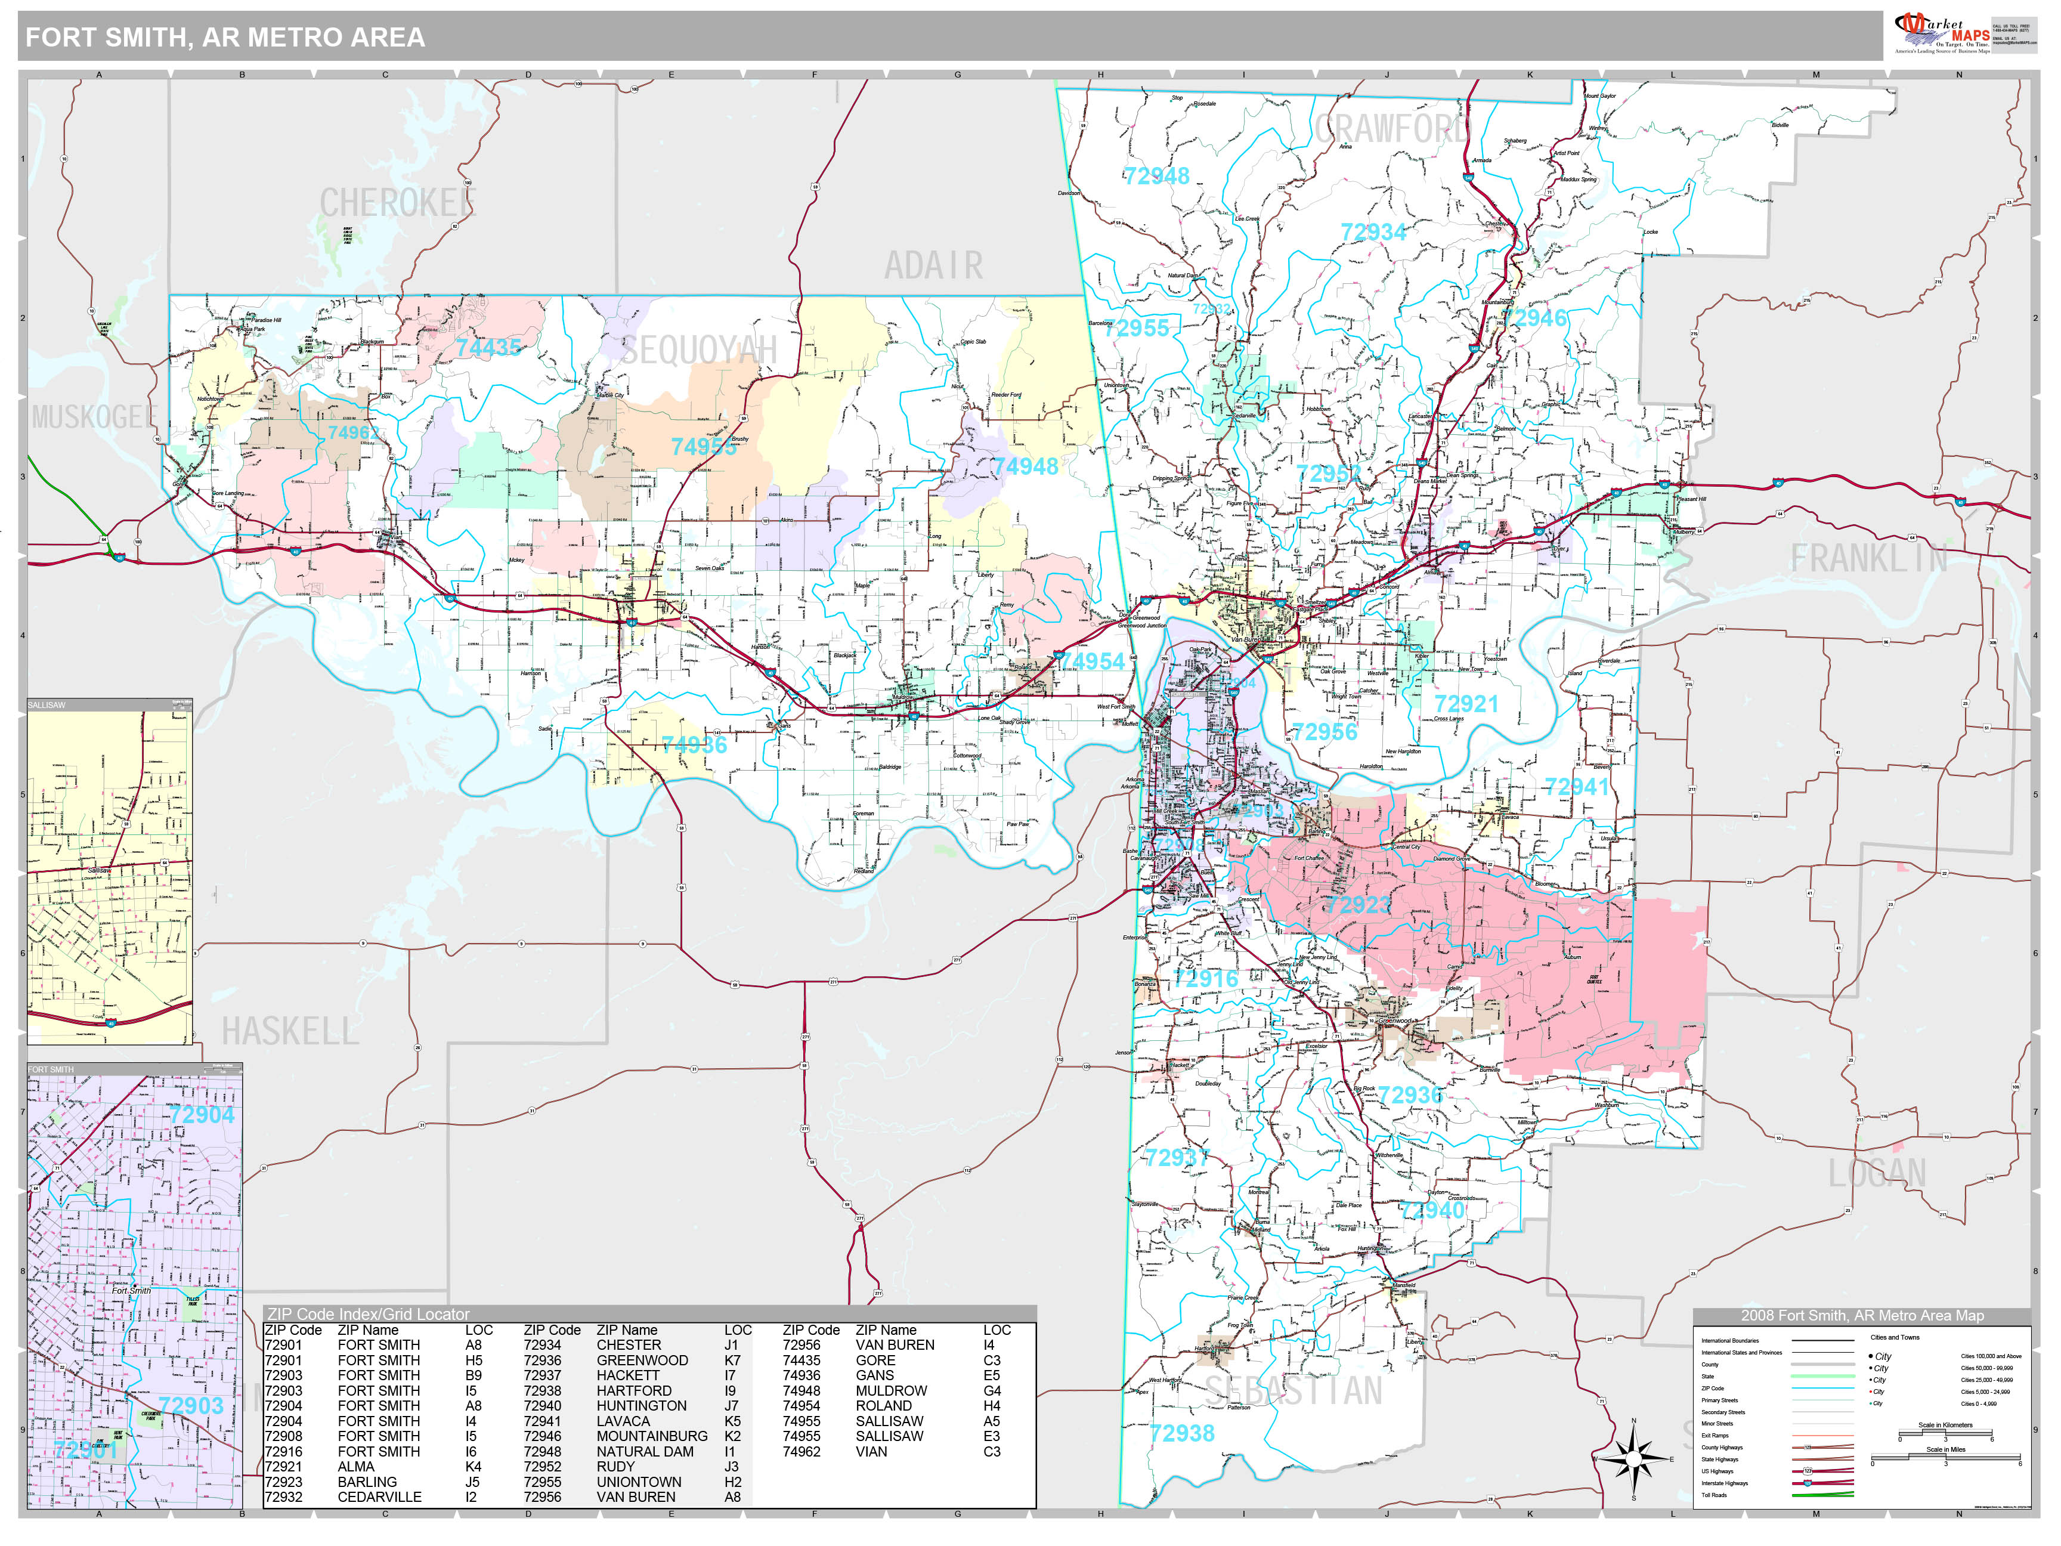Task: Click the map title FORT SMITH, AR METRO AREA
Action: coord(225,37)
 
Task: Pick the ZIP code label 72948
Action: coord(1156,176)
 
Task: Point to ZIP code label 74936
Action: coord(693,744)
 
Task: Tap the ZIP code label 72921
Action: coord(1466,704)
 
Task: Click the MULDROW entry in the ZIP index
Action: coord(891,1390)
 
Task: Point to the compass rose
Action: coord(1632,1458)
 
